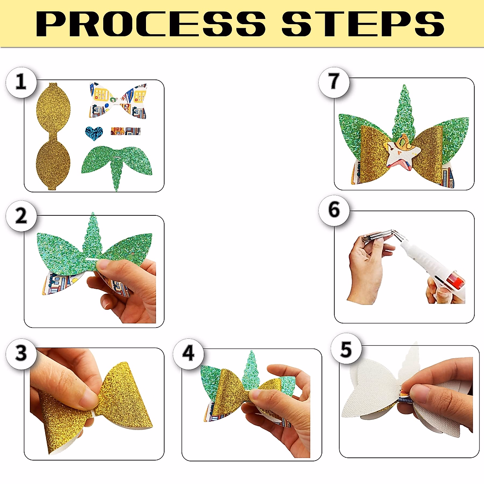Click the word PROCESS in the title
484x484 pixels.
[151, 24]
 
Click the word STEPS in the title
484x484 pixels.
[363, 24]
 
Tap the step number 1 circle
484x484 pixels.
[21, 82]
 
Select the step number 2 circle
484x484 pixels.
[21, 216]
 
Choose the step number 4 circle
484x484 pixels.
[188, 354]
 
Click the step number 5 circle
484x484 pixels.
[346, 349]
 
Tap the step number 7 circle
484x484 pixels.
[334, 82]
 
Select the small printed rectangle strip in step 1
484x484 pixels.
[126, 131]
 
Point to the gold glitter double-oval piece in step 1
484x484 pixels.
[53, 137]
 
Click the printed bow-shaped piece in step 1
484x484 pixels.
[118, 100]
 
